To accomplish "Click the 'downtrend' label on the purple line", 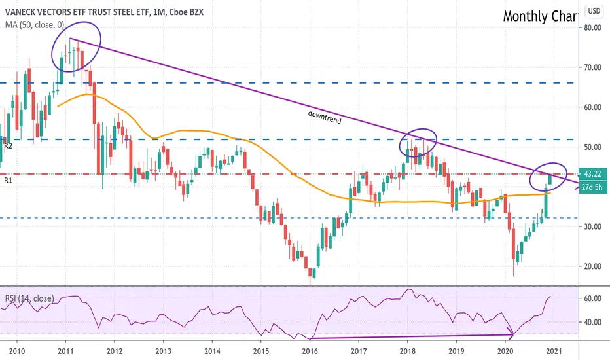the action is pos(325,117).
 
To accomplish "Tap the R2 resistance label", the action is pos(8,146).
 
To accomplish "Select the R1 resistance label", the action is pos(8,181).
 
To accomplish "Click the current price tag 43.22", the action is pos(593,174).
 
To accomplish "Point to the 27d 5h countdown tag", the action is pos(593,187).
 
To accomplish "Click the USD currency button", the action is pos(594,11).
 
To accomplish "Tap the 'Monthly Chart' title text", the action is pos(541,16).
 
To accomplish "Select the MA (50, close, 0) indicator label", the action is pos(35,25).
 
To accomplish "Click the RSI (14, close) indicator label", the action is pos(29,298).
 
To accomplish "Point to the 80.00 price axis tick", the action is pos(592,27).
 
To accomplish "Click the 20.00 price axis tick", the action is pos(592,266).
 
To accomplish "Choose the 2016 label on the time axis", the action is pos(310,351).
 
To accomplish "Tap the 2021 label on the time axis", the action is pos(554,351).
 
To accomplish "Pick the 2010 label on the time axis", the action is pos(17,351).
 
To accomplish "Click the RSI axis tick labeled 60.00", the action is pos(592,298).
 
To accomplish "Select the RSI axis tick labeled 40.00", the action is pos(592,322).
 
